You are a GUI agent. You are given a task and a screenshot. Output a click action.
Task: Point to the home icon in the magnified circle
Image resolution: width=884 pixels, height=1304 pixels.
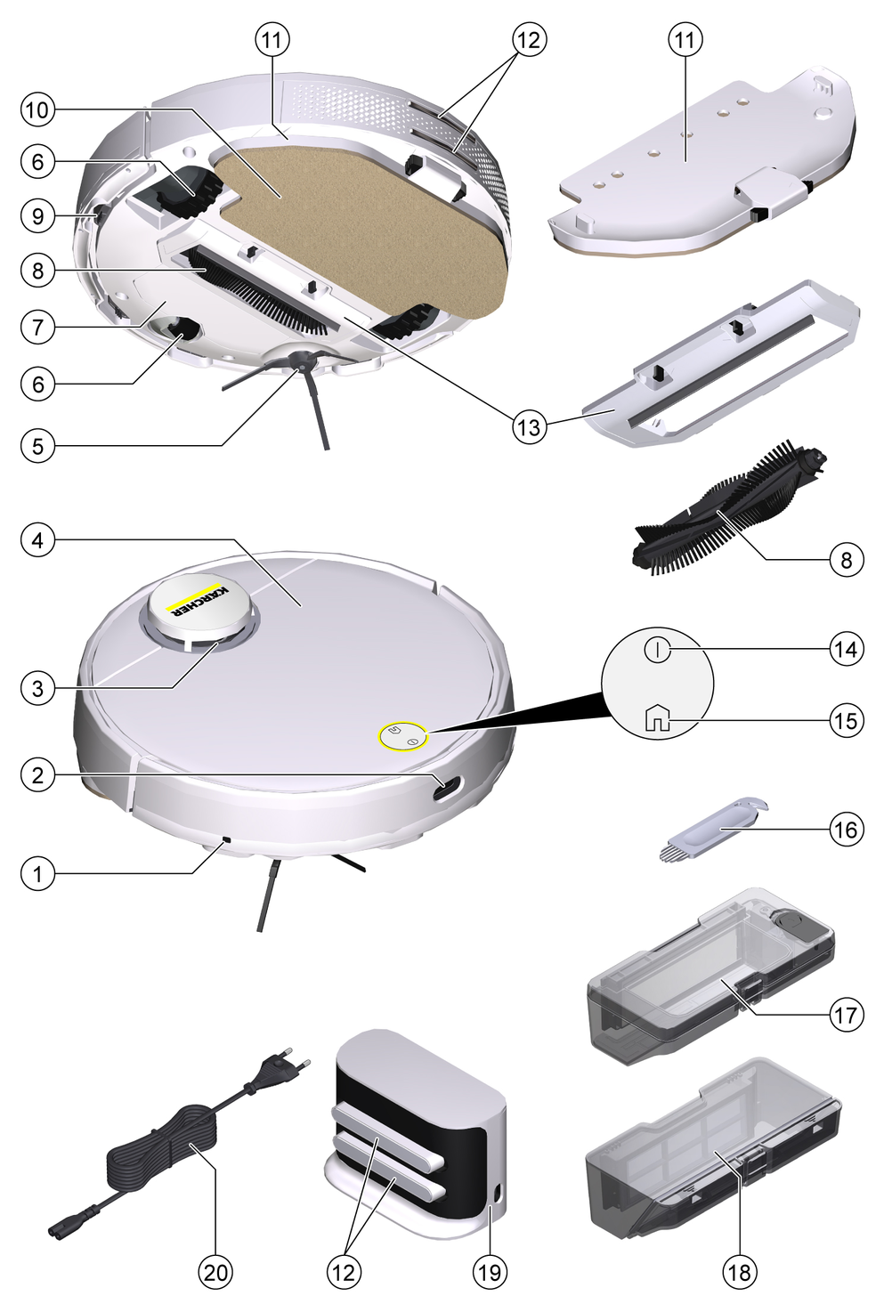point(658,719)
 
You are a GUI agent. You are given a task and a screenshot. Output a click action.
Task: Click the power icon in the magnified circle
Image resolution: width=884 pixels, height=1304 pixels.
point(657,650)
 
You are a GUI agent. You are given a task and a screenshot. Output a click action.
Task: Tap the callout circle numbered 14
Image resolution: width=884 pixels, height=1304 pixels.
point(846,649)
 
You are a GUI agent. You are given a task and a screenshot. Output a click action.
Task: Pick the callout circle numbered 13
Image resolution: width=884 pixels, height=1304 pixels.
point(530,427)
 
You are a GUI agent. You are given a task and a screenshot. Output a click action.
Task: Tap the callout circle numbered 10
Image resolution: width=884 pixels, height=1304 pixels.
point(38,109)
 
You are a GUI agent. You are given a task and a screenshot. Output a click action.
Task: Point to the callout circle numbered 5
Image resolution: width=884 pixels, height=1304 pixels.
point(38,447)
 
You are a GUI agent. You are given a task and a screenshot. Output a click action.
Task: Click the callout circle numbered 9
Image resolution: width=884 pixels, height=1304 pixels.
point(38,216)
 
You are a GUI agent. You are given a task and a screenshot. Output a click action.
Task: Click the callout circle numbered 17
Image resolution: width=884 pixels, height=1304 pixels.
point(846,1015)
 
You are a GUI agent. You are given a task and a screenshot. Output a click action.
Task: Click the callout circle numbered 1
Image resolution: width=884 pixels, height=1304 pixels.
point(38,874)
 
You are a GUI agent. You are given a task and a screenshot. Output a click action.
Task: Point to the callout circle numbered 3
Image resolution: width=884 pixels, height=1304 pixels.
point(38,689)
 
